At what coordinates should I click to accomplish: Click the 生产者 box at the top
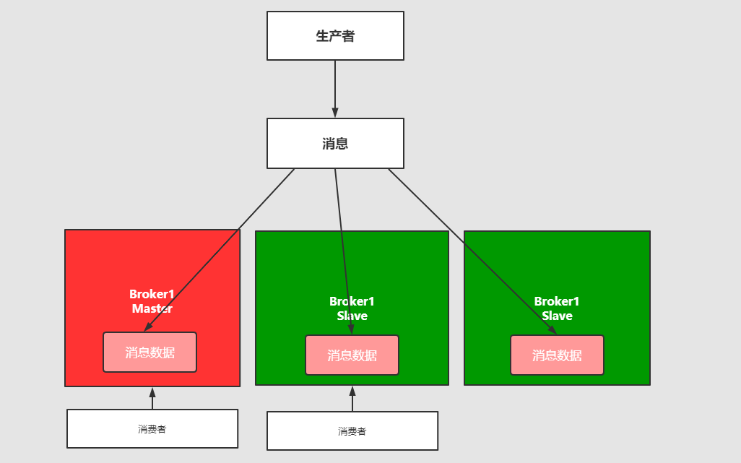click(335, 36)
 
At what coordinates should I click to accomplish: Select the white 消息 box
click(335, 144)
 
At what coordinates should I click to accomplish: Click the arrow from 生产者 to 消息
click(335, 87)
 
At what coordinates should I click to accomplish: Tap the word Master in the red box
click(152, 308)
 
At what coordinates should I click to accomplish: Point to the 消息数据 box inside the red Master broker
click(149, 352)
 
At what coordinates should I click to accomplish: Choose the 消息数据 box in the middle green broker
click(352, 355)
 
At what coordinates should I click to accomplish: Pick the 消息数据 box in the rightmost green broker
click(557, 355)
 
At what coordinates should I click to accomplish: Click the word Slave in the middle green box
click(352, 316)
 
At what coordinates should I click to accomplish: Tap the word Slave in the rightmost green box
click(557, 316)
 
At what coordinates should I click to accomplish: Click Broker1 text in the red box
click(152, 294)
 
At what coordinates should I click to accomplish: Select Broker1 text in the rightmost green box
click(557, 301)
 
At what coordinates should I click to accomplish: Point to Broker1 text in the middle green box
click(352, 301)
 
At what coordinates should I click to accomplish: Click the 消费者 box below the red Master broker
click(152, 429)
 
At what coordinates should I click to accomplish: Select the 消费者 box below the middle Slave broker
click(352, 431)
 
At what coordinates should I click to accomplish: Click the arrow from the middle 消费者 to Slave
click(352, 400)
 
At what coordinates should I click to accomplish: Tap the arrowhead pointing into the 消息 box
click(335, 113)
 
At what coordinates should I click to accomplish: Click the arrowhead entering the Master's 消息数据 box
click(148, 327)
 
